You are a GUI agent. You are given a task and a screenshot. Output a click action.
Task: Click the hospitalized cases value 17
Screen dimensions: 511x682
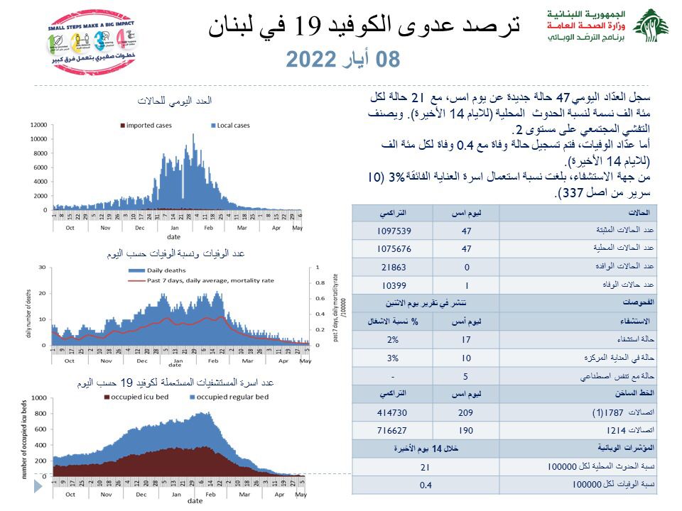tap(466, 339)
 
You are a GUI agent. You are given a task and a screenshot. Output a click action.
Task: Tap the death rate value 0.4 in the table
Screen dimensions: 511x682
tap(426, 485)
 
